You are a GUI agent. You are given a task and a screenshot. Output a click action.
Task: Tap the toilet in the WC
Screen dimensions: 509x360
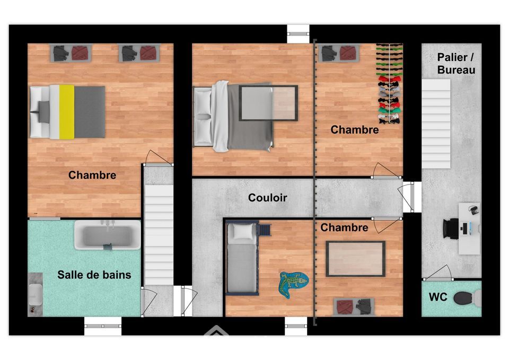point(467,298)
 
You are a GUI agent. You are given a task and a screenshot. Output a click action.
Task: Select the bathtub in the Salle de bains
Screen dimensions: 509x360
point(108,235)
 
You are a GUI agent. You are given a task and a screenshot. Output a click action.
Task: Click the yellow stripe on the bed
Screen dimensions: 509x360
point(67,112)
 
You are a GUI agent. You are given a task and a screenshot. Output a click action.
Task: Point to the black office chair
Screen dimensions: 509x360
point(451,229)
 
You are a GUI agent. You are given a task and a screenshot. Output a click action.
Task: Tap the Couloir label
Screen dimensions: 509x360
point(267,198)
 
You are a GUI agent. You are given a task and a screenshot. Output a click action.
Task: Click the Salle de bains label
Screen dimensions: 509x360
point(94,275)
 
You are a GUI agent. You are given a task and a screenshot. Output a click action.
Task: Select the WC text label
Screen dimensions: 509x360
point(438,297)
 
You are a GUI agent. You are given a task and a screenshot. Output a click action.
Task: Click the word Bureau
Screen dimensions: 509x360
point(456,70)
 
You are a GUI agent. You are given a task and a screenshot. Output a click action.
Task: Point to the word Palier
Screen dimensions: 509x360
point(452,57)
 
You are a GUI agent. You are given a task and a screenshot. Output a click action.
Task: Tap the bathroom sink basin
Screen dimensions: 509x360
point(35,295)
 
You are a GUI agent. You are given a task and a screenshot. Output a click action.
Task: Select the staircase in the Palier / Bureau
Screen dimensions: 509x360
point(436,124)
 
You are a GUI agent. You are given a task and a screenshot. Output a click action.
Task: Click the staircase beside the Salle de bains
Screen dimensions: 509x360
point(159,235)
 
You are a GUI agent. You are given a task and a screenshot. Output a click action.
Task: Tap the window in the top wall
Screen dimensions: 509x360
point(298,33)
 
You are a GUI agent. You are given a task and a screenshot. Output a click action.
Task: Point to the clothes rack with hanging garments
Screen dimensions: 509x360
point(389,83)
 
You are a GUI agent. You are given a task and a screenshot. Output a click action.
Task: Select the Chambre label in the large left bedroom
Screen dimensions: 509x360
point(92,175)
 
